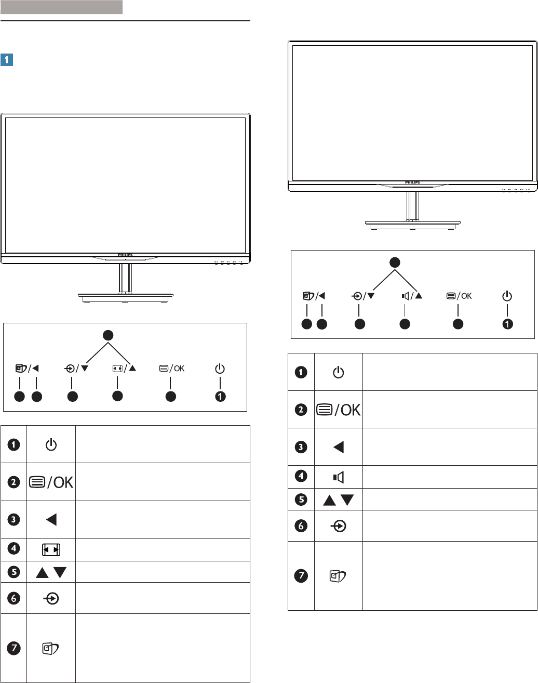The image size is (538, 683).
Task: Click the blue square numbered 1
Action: pos(7,60)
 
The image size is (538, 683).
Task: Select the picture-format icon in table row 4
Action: pos(51,549)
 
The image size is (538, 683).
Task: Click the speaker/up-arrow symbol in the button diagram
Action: pos(412,296)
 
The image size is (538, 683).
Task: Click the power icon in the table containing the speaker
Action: pos(339,372)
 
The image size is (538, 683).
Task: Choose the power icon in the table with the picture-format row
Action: pos(51,444)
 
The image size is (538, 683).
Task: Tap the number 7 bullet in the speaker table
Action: pos(301,575)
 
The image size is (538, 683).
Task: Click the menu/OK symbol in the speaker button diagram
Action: pos(459,296)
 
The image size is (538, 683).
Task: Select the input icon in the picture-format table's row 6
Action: pos(51,598)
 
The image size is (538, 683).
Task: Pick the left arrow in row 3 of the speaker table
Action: pos(339,447)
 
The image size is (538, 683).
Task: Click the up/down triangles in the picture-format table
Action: pos(51,573)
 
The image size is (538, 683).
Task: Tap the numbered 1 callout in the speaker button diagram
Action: pos(507,324)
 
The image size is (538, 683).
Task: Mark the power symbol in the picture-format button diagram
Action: pos(220,369)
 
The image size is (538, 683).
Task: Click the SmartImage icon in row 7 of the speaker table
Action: pos(339,576)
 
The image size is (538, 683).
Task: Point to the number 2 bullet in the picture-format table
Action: pos(14,482)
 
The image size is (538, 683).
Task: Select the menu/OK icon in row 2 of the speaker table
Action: pos(339,410)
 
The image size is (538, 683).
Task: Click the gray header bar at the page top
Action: pos(61,7)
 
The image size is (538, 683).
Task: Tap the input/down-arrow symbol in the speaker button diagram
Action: pos(363,296)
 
